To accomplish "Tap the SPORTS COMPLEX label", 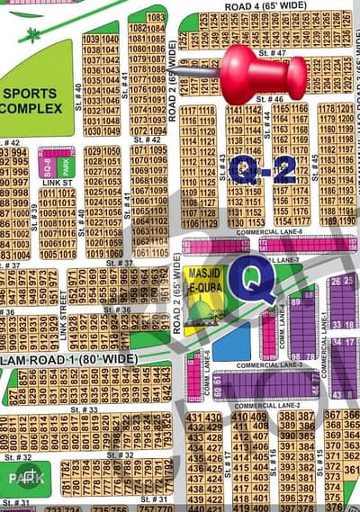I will coord(31,101).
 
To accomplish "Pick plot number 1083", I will coord(156,17).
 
